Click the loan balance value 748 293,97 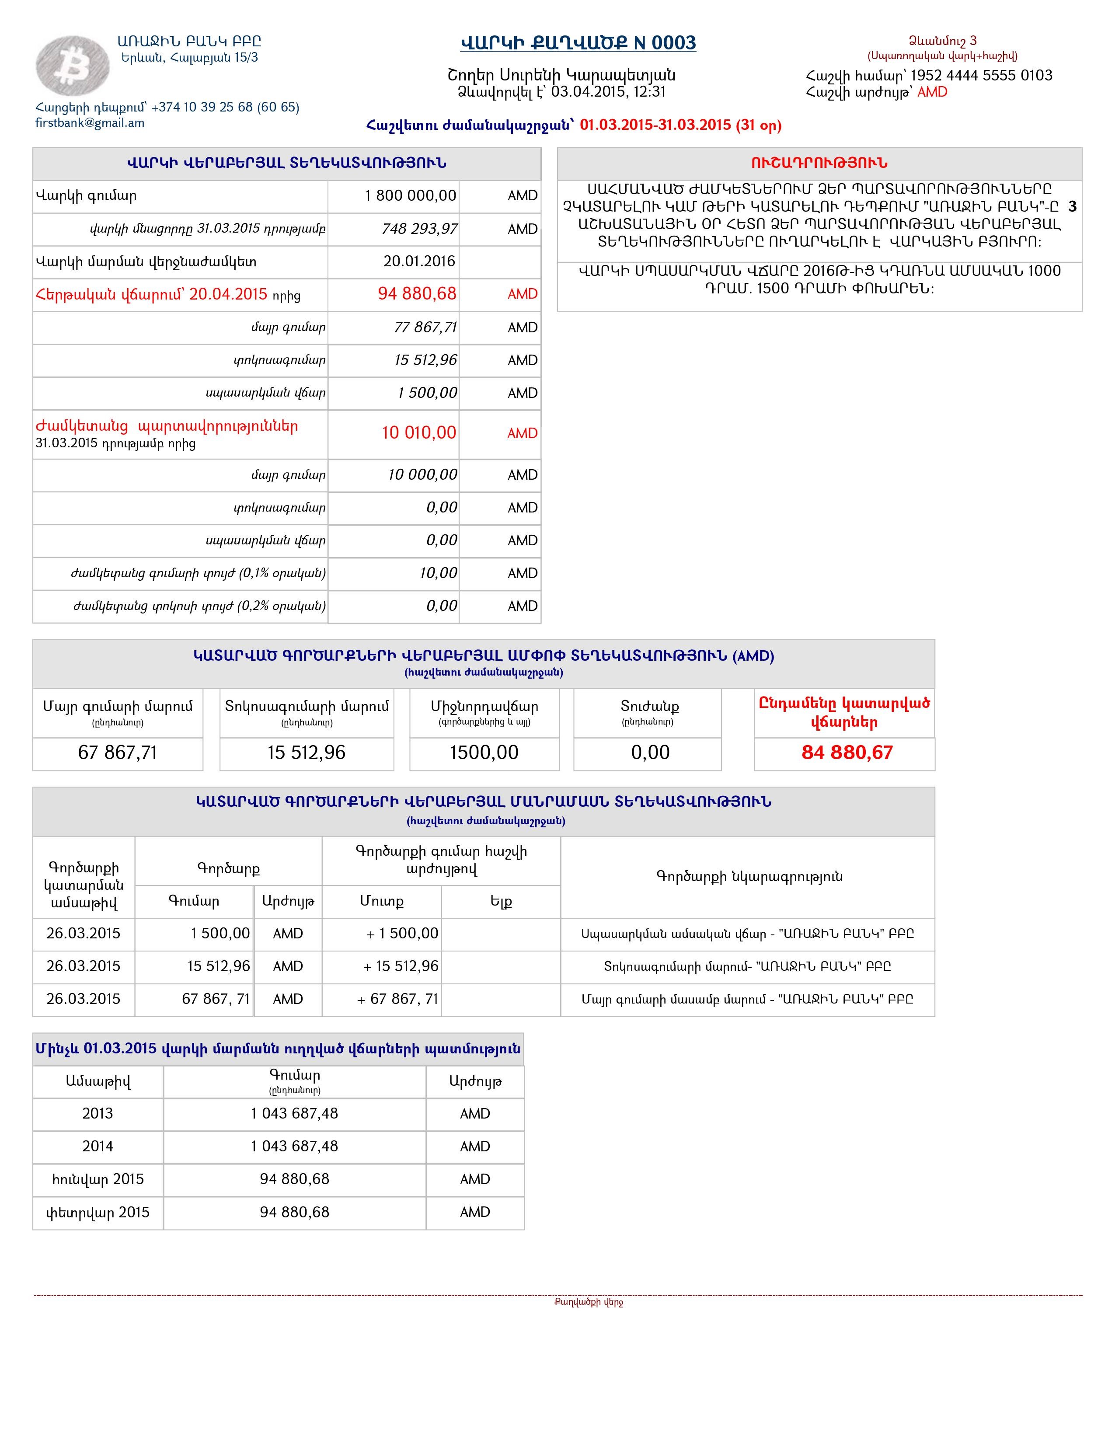pyautogui.click(x=419, y=229)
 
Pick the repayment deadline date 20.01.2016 pyautogui.click(x=419, y=261)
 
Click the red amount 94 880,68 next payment pyautogui.click(x=417, y=294)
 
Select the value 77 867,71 pyautogui.click(x=425, y=327)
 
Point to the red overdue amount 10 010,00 pyautogui.click(x=419, y=433)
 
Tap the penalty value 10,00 pyautogui.click(x=438, y=573)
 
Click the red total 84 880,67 pyautogui.click(x=847, y=753)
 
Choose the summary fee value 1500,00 pyautogui.click(x=484, y=753)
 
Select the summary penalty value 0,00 pyautogui.click(x=650, y=753)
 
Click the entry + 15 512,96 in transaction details pyautogui.click(x=400, y=966)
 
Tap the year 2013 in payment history pyautogui.click(x=98, y=1113)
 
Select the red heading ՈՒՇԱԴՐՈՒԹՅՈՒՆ pyautogui.click(x=819, y=163)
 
